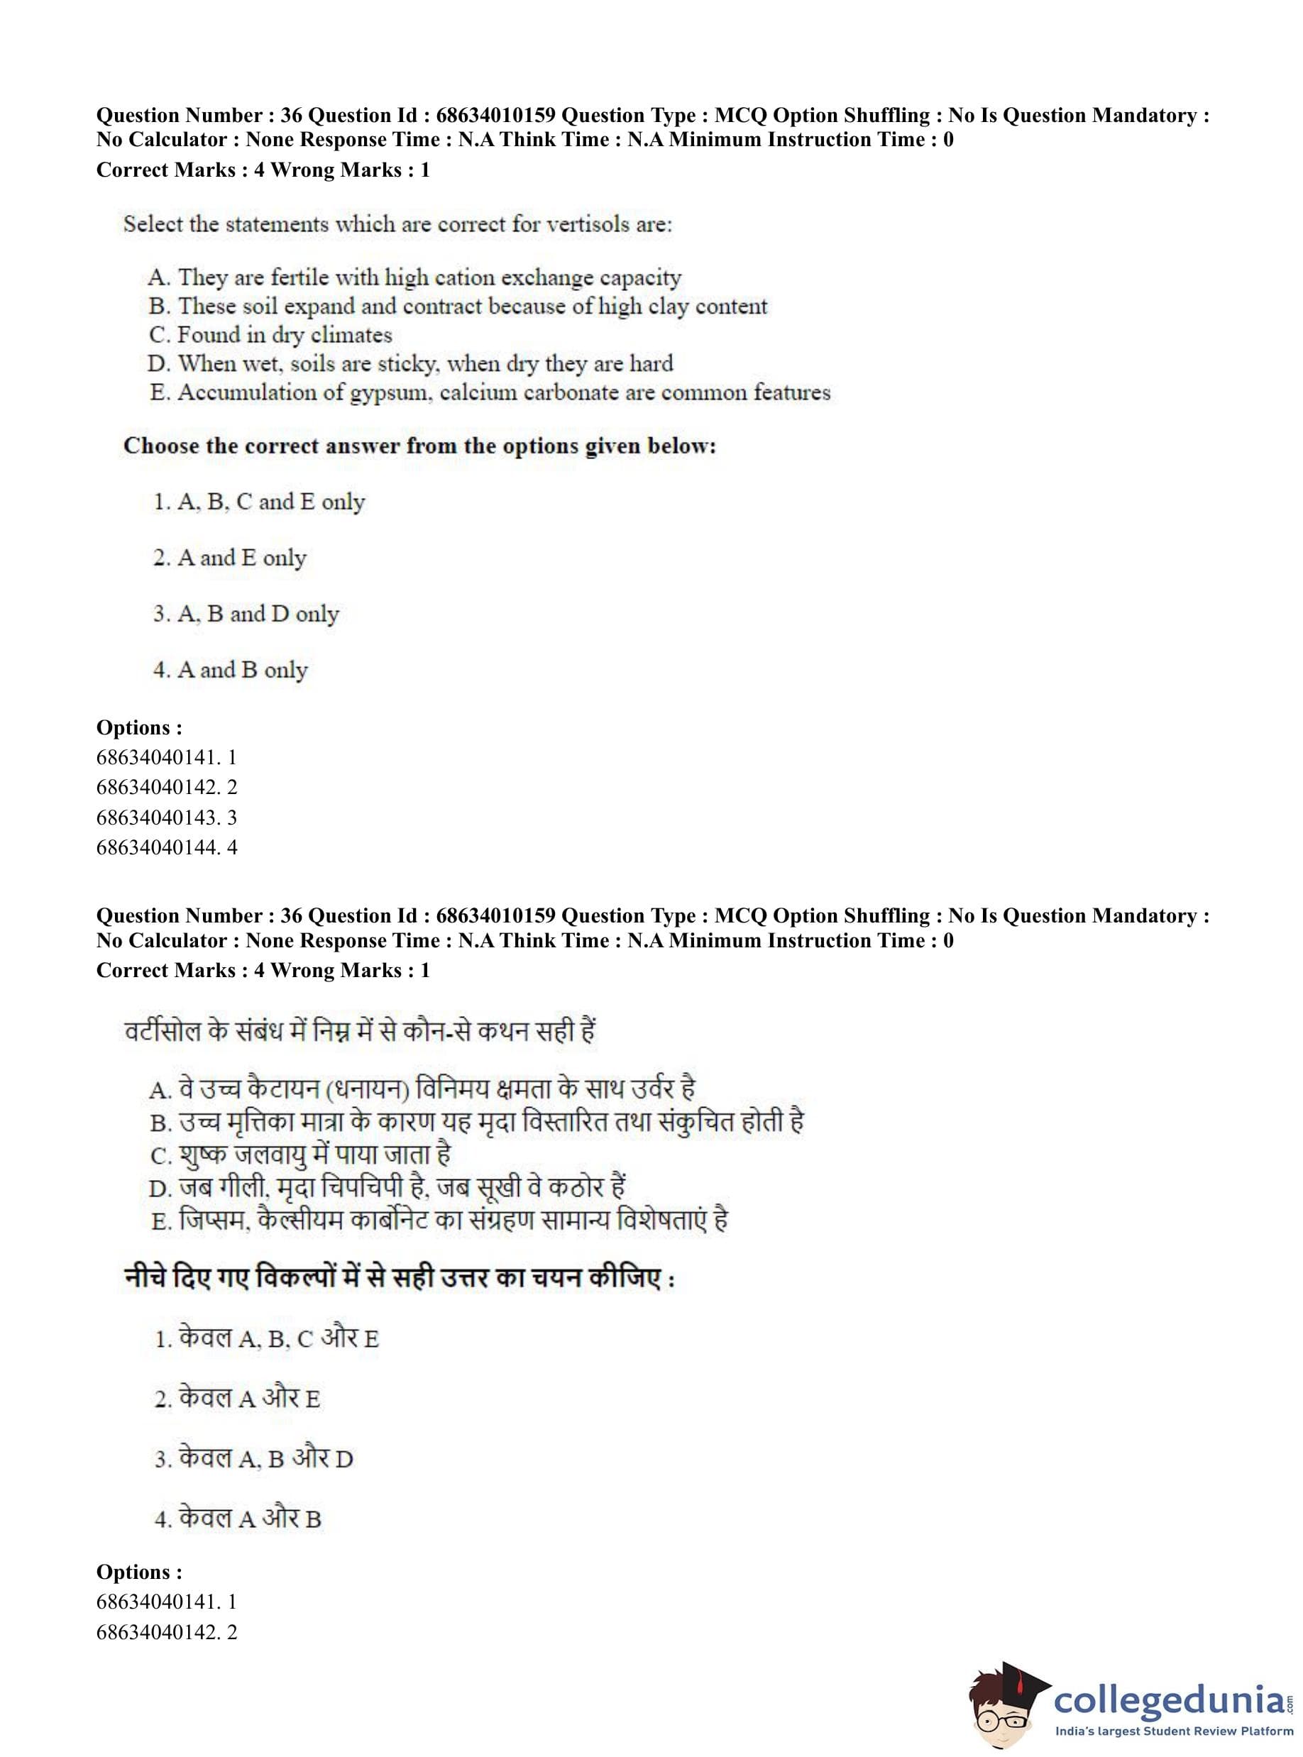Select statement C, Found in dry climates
[x=270, y=335]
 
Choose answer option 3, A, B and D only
[x=246, y=614]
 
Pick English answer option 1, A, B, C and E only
[x=259, y=502]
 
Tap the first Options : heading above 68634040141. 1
[x=139, y=727]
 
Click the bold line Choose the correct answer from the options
[x=419, y=446]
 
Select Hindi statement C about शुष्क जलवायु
[x=299, y=1155]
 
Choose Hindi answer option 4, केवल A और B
[x=238, y=1519]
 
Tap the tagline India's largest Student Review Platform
[x=1173, y=1731]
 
